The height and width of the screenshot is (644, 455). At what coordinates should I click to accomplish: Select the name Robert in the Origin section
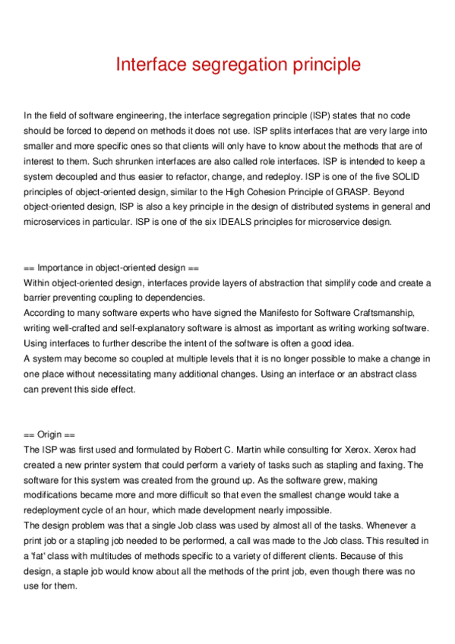pyautogui.click(x=215, y=450)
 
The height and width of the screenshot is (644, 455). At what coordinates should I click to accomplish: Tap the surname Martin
pyautogui.click(x=263, y=450)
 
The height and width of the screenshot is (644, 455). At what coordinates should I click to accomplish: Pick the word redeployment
pyautogui.click(x=58, y=510)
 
